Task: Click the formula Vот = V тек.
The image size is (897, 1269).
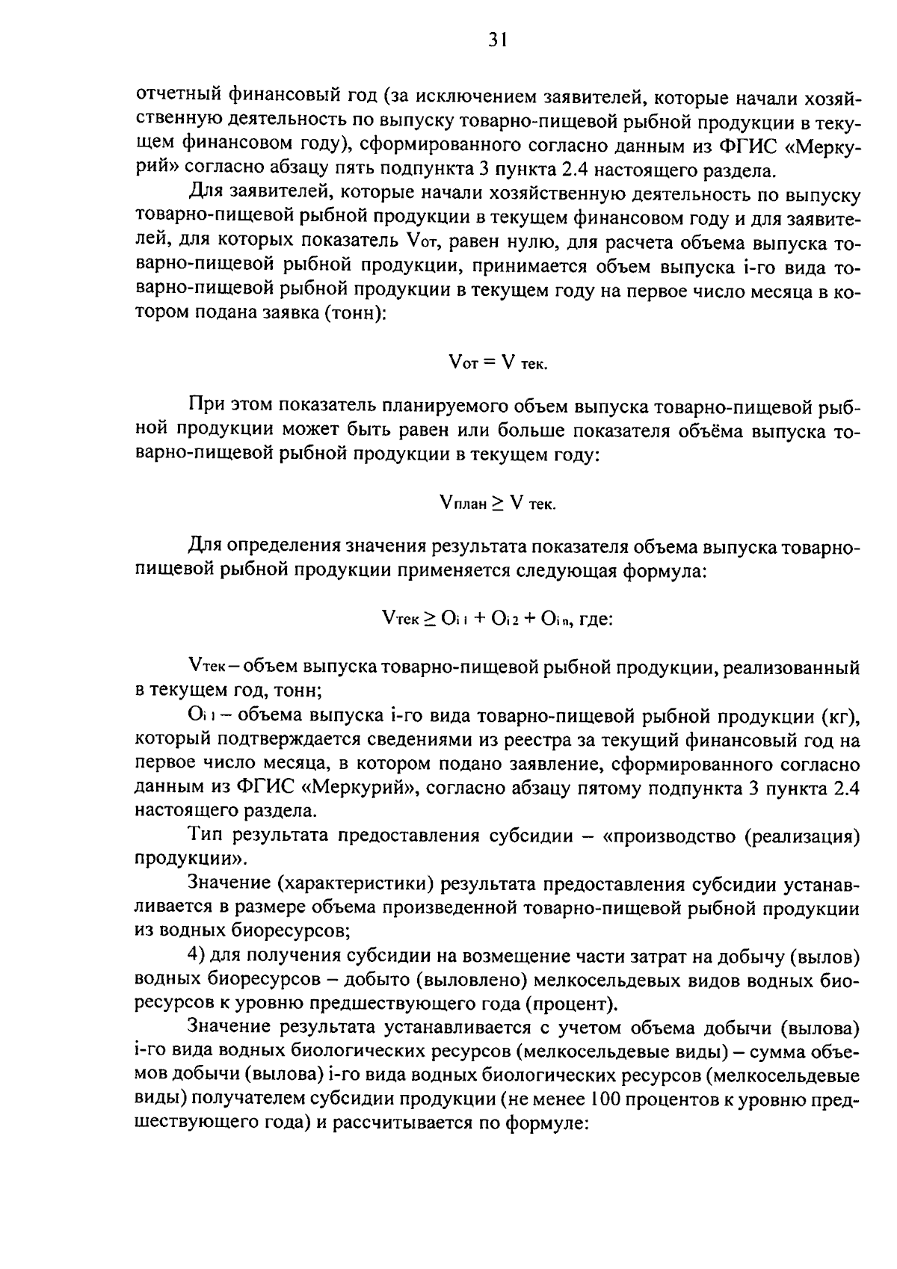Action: (x=498, y=362)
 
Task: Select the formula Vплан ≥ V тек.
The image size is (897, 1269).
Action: (x=498, y=503)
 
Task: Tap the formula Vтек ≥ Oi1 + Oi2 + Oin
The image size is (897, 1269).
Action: (x=496, y=619)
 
